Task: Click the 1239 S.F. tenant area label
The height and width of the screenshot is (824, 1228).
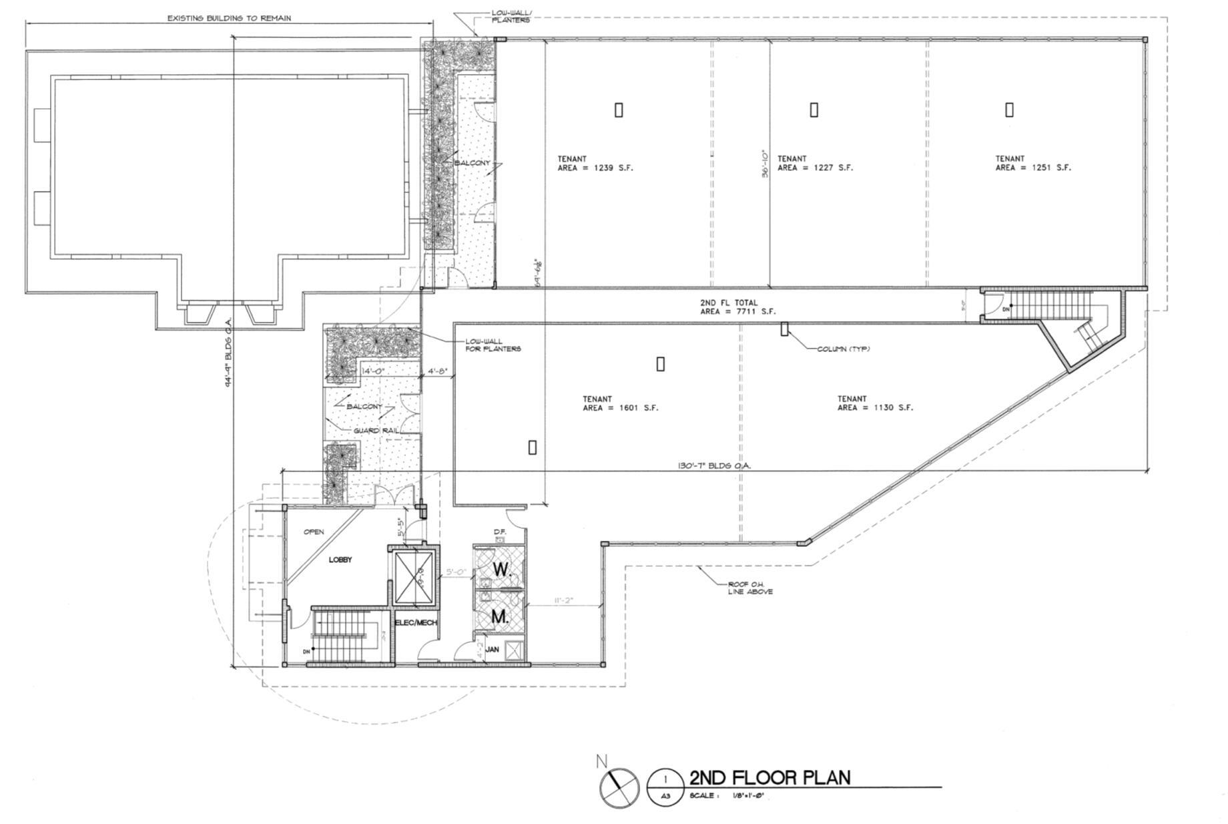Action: click(x=595, y=164)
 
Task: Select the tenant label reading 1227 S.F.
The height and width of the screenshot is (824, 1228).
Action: click(x=814, y=164)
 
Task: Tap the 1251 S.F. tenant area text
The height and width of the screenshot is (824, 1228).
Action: click(x=1032, y=164)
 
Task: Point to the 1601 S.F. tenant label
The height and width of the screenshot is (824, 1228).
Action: click(x=620, y=403)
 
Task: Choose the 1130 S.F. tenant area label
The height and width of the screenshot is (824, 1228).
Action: click(x=874, y=403)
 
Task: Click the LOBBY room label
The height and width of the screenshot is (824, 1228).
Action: click(x=340, y=560)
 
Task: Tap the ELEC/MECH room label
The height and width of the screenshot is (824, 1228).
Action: click(x=416, y=622)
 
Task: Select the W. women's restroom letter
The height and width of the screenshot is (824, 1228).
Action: click(x=502, y=570)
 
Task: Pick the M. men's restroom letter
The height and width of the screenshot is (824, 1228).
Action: click(x=500, y=618)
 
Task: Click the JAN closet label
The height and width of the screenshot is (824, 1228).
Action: click(x=493, y=649)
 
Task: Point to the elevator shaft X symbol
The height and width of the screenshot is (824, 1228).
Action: click(x=414, y=575)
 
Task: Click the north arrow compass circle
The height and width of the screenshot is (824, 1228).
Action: click(x=619, y=787)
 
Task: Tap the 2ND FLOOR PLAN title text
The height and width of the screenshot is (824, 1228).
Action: click(x=770, y=778)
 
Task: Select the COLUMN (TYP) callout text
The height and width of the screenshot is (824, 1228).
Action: click(x=844, y=349)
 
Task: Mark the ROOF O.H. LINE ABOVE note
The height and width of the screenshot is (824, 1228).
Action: click(x=749, y=588)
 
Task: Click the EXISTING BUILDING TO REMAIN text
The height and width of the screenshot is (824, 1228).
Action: click(x=229, y=18)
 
